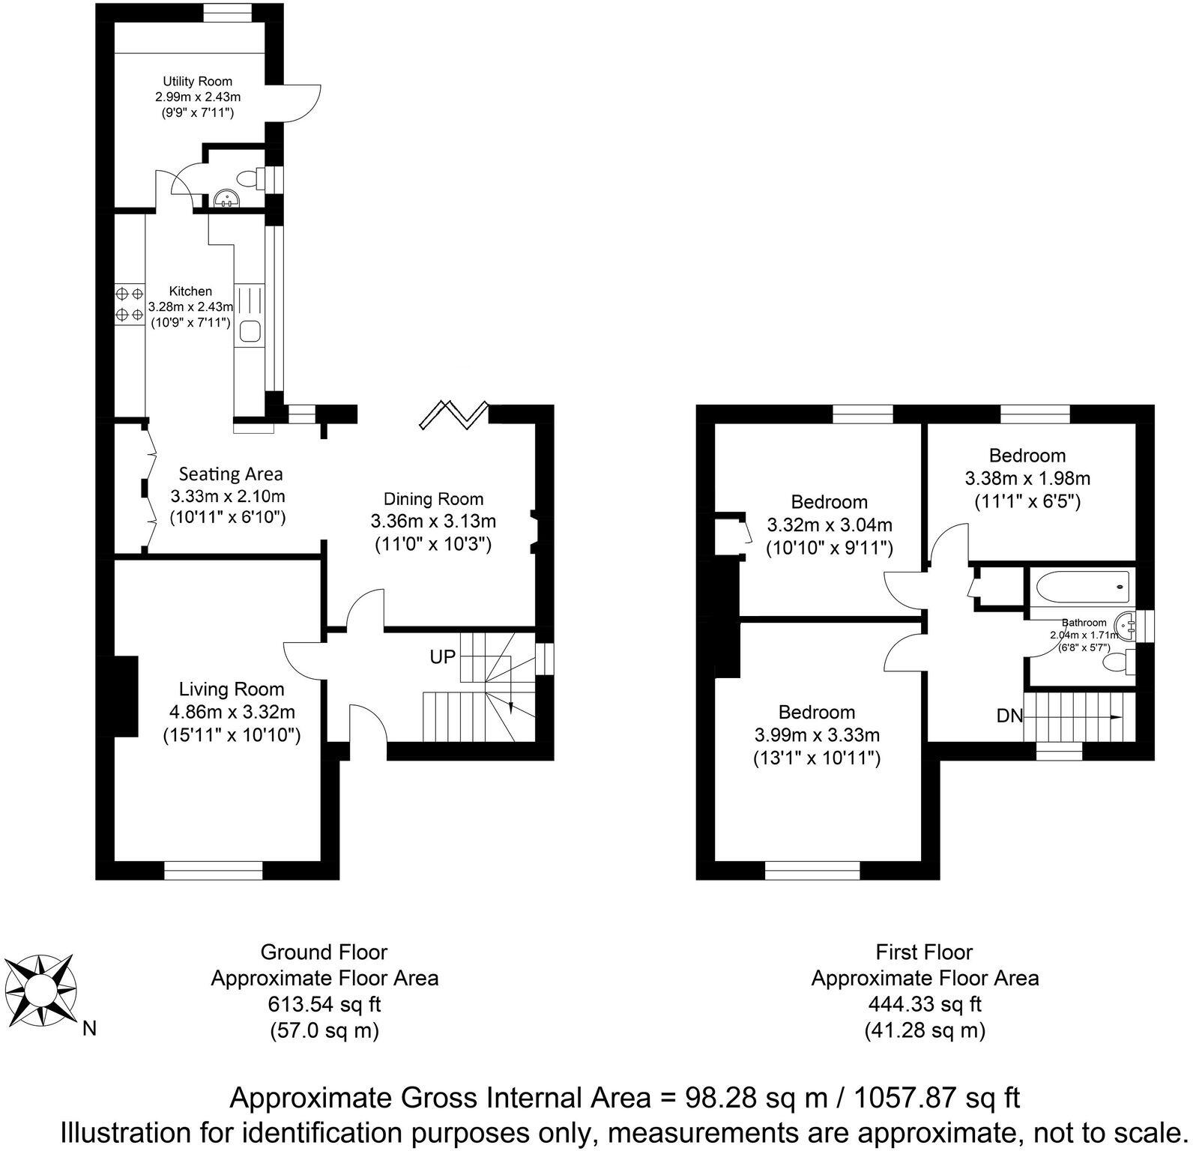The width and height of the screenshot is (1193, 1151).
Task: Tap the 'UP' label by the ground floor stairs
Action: pos(442,656)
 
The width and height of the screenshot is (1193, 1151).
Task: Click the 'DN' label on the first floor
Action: pos(1009,716)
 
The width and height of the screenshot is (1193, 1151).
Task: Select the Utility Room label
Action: pos(198,81)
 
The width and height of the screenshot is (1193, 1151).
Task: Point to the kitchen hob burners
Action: pos(128,303)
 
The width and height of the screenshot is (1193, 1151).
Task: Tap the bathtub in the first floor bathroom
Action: pos(1081,584)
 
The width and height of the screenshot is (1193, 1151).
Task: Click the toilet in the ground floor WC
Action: pos(248,178)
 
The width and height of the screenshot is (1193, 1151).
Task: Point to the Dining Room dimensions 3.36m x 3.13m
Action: pos(433,521)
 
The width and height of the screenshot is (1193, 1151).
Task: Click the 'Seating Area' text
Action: pos(231,474)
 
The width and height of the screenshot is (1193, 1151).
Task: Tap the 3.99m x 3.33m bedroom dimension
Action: pos(817,735)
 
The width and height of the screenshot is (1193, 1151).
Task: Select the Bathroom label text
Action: pos(1084,622)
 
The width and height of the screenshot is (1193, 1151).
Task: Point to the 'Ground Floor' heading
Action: pos(324,952)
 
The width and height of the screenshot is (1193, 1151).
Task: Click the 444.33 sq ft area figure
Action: pos(924,1003)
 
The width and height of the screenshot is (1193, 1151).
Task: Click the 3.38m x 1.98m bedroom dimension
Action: pos(1027,478)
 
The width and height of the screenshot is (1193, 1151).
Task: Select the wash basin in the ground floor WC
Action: pos(225,197)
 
